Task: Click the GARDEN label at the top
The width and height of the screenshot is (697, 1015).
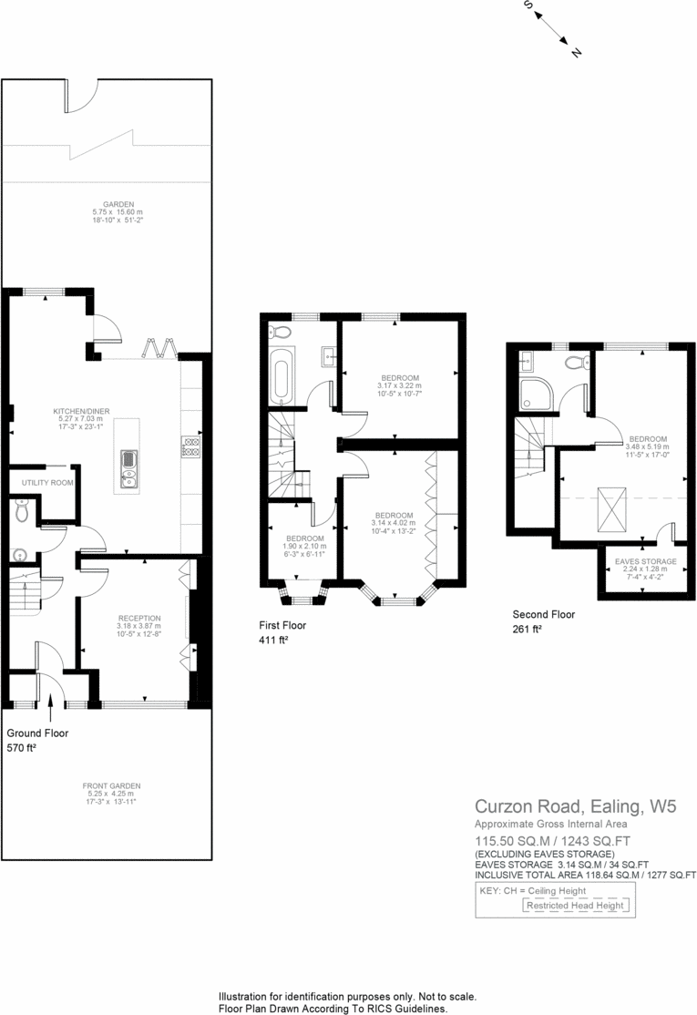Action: point(118,204)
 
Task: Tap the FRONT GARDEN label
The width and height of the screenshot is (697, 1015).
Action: point(112,784)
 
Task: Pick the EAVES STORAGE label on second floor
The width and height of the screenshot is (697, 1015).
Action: point(645,561)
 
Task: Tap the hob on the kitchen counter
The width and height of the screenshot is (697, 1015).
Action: point(192,446)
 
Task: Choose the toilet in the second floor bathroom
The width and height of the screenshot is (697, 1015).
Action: point(575,363)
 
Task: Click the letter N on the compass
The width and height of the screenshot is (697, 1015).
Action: point(576,53)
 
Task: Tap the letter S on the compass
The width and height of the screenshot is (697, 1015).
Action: point(528,5)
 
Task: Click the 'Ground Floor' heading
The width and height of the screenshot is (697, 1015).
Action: point(37,733)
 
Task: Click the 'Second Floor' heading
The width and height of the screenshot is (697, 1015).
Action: point(543,614)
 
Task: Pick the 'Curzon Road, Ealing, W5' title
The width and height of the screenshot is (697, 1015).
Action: point(575,806)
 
